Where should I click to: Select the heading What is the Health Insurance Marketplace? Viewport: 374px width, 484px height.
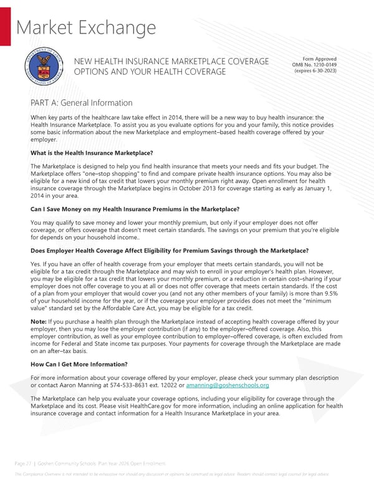pos(92,153)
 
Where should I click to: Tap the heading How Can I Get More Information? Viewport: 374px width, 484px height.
pos(79,364)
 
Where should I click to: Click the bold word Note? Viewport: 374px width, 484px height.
pos(37,321)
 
